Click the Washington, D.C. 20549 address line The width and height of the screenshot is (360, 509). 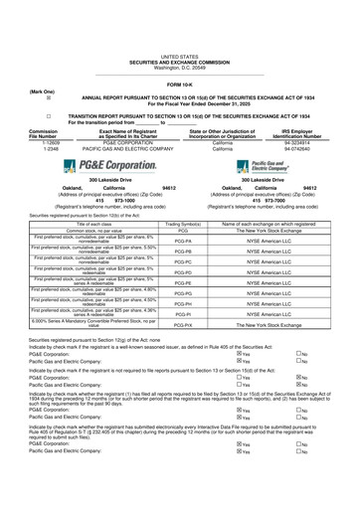[x=179, y=41]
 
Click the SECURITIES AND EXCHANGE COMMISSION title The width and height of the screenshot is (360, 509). [x=179, y=35]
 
